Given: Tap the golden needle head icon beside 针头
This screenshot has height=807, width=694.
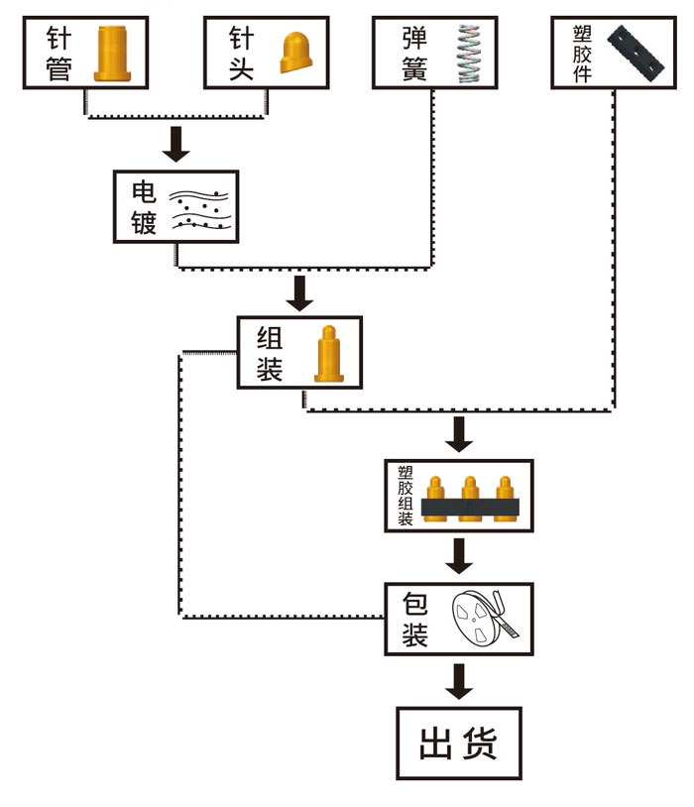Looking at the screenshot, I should click(x=296, y=54).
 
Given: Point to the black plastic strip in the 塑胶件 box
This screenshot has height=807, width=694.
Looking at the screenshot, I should click(x=636, y=54).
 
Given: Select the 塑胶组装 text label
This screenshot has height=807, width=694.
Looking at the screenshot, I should click(x=405, y=494).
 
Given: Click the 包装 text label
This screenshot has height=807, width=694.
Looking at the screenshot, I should click(x=414, y=619).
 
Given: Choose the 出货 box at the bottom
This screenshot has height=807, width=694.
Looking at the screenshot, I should click(x=458, y=743).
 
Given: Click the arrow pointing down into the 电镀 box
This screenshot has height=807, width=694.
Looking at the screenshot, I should click(x=176, y=144).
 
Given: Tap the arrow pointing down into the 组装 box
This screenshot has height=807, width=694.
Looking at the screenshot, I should click(x=298, y=291).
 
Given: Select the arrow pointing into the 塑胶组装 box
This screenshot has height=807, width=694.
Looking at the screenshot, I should click(x=458, y=434).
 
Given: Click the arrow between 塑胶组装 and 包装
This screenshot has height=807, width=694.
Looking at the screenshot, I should click(x=458, y=556).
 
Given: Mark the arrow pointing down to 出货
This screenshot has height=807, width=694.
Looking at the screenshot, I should click(x=458, y=681).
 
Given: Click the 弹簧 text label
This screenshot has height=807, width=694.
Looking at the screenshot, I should click(x=414, y=54).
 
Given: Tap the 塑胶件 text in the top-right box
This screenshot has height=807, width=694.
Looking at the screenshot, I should click(x=583, y=54).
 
